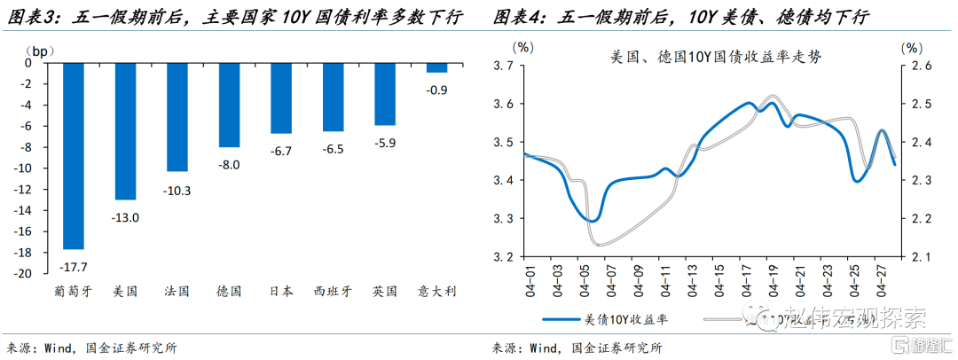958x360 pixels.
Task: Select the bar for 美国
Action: (x=125, y=130)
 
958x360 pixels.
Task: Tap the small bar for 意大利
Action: (x=436, y=67)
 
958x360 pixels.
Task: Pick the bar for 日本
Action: (x=280, y=98)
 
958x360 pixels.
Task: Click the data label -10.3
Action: (x=177, y=190)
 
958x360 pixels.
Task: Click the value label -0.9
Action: (x=436, y=90)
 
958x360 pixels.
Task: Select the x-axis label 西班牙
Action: (x=334, y=291)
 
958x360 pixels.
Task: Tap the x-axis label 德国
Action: (x=229, y=291)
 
